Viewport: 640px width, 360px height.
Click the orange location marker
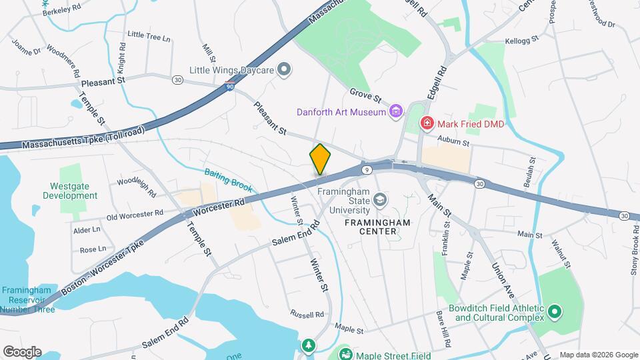pyautogui.click(x=320, y=159)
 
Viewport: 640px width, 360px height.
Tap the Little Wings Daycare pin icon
pyautogui.click(x=285, y=69)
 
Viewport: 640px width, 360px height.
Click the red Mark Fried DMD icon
pyautogui.click(x=427, y=123)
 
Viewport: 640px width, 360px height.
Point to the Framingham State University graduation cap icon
pyautogui.click(x=379, y=199)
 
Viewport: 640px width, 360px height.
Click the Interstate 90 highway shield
pyautogui.click(x=230, y=85)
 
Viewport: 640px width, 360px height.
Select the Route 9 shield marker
pyautogui.click(x=367, y=171)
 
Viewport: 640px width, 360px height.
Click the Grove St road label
pyautogui.click(x=365, y=97)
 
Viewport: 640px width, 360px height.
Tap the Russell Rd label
pyautogui.click(x=307, y=314)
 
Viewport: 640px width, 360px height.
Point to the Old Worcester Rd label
pyautogui.click(x=135, y=215)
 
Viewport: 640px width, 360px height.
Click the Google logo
pyautogui.click(x=22, y=351)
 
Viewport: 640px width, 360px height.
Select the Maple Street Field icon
pyautogui.click(x=345, y=354)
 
